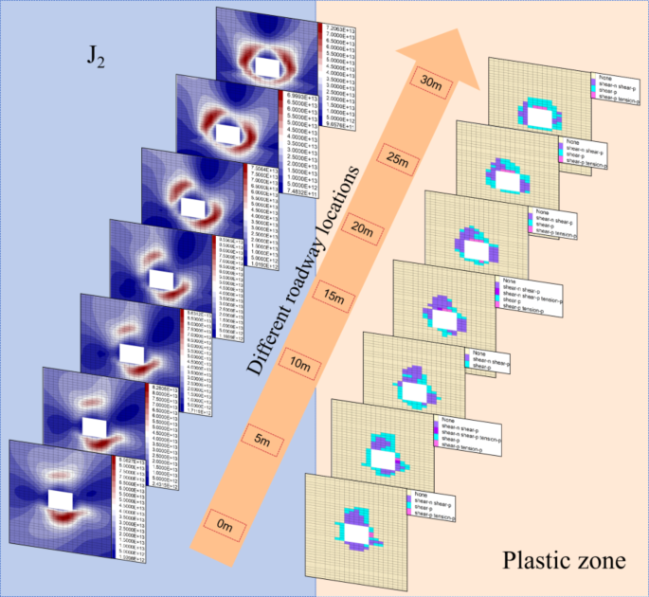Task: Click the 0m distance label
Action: point(225,523)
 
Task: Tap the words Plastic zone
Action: point(565,561)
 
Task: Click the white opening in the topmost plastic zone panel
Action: point(540,118)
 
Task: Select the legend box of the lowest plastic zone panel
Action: point(432,507)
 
